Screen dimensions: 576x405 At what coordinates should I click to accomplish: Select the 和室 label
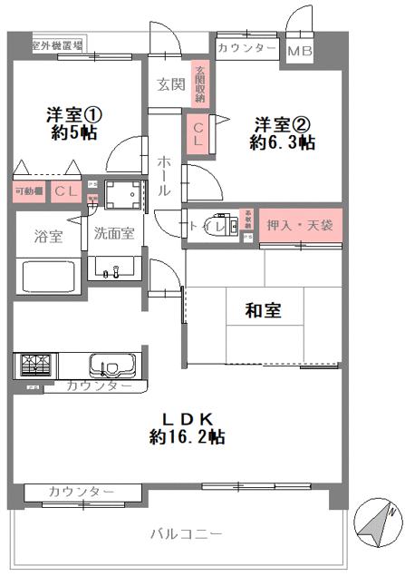(x=263, y=310)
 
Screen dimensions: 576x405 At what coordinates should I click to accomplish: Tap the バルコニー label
(x=186, y=534)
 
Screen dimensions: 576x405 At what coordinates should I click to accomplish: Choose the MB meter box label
(x=300, y=51)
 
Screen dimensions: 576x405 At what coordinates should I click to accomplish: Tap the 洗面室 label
(x=114, y=233)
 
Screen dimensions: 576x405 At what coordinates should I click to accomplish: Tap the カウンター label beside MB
(x=246, y=47)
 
